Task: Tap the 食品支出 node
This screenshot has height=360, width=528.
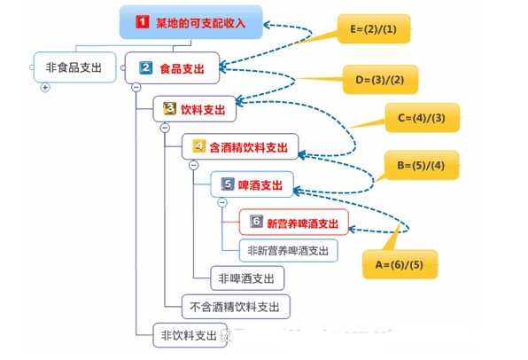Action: [174, 67]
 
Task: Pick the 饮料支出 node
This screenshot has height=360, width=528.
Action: [195, 110]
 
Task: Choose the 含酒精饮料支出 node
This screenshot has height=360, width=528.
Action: [241, 146]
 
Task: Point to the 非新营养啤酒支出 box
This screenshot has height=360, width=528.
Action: [288, 251]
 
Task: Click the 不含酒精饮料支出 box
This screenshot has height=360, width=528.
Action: [235, 307]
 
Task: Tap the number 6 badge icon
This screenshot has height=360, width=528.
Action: [256, 222]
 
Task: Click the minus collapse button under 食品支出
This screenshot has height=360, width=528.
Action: [136, 87]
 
